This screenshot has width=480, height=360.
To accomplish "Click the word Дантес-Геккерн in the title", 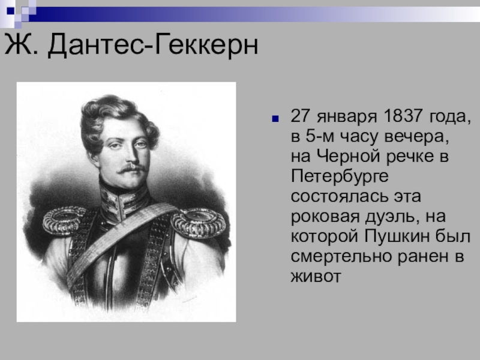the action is click(153, 44).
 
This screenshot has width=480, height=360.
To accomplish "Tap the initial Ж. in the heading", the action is click(22, 44).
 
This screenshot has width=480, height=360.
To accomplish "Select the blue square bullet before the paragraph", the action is click(275, 118).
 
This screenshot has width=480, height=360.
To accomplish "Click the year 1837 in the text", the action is click(403, 116).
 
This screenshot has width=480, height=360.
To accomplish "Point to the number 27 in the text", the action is click(301, 116).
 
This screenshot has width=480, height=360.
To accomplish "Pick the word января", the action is click(347, 117).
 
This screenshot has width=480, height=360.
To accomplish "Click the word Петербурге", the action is click(340, 177).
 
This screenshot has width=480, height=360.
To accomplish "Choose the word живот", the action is click(316, 277).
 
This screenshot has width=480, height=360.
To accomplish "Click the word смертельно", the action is click(341, 257).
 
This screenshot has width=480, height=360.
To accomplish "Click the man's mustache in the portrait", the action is click(132, 168).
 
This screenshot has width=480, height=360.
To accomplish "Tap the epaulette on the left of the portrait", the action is click(65, 220).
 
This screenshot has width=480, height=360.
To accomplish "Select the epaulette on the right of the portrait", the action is click(199, 223).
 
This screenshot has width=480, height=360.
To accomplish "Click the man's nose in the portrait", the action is click(132, 155).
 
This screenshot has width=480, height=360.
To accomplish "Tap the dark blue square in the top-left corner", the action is click(10, 11).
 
